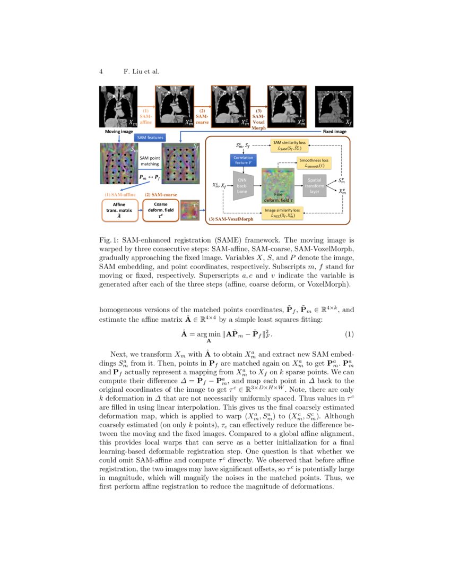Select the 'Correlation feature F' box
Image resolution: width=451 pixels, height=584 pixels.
click(244, 160)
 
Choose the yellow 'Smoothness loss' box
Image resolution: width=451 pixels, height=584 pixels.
click(314, 162)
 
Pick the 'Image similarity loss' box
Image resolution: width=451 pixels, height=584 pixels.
click(282, 213)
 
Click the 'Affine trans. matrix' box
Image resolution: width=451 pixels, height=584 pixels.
click(119, 210)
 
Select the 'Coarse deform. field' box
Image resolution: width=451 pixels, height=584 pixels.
click(160, 210)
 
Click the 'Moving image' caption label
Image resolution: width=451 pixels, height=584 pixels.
click(119, 131)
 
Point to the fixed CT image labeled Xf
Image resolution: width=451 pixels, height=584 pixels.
click(334, 107)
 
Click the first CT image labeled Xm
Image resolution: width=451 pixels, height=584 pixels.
click(119, 107)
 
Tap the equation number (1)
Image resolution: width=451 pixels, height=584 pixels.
click(349, 334)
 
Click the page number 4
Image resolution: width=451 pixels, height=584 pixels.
click(101, 71)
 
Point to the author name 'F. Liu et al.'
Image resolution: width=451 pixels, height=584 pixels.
click(142, 71)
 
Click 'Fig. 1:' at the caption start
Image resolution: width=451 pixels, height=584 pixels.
click(110, 241)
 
